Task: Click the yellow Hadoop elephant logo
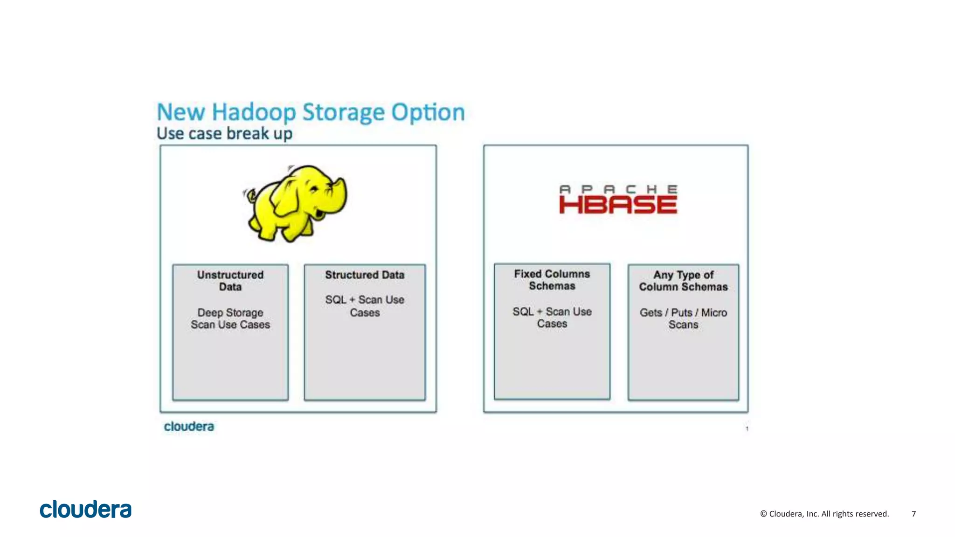click(297, 203)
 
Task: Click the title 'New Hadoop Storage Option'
click(311, 112)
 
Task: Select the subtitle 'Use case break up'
click(224, 134)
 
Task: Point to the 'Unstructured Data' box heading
click(230, 281)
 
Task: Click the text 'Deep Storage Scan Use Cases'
click(230, 318)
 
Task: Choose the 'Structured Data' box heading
click(365, 275)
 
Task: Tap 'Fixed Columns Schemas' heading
click(552, 280)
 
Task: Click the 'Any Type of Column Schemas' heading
click(683, 281)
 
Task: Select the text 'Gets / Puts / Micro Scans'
click(683, 318)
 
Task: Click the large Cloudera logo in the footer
click(86, 509)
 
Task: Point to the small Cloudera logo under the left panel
click(189, 427)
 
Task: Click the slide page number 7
click(913, 514)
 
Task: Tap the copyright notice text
click(824, 514)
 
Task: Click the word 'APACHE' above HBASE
click(618, 189)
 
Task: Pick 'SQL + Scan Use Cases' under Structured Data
click(365, 306)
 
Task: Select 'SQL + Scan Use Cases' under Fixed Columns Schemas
click(552, 317)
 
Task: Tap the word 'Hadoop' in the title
click(254, 112)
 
